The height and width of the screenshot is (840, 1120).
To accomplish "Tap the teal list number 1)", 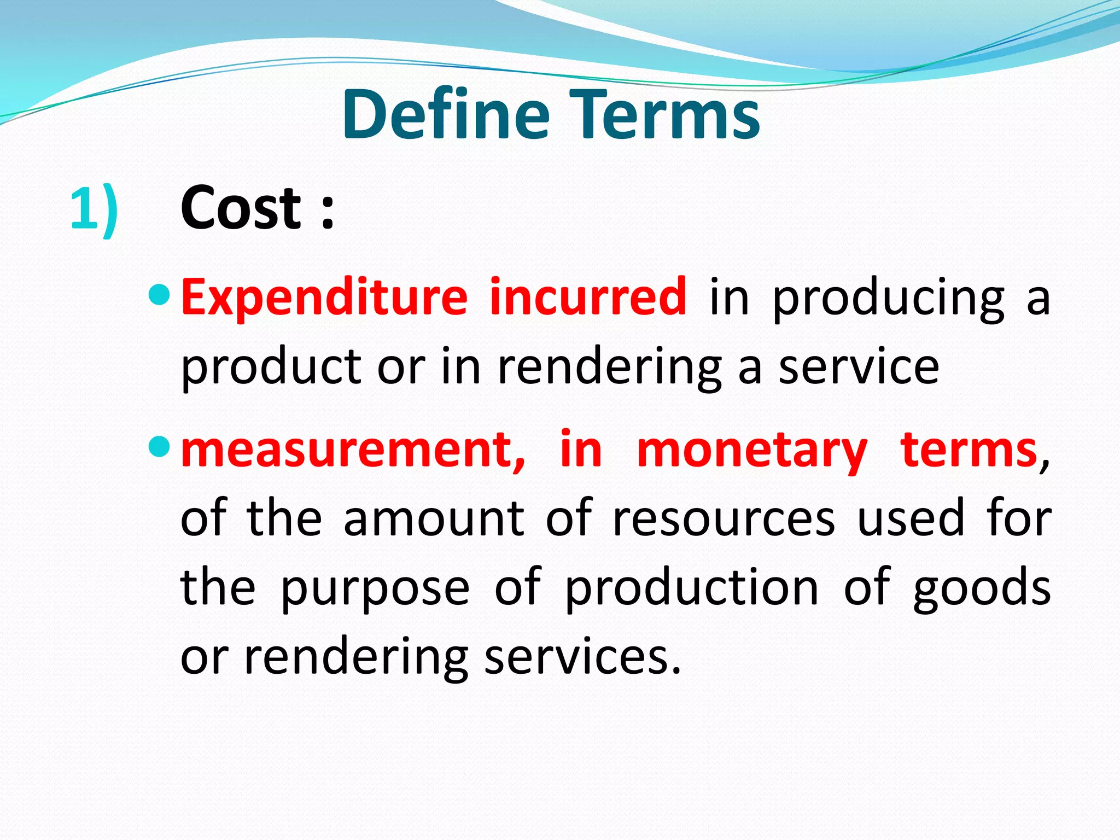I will point(94,209).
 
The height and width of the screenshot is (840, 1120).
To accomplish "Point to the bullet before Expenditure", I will point(159,295).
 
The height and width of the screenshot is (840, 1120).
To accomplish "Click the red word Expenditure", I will point(324,298).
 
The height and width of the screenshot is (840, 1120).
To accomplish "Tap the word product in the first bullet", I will point(270,367).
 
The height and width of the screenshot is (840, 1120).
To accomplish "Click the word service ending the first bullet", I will point(859,367).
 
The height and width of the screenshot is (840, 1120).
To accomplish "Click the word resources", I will point(724,519).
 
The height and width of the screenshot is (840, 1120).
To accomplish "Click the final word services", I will point(582,657).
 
